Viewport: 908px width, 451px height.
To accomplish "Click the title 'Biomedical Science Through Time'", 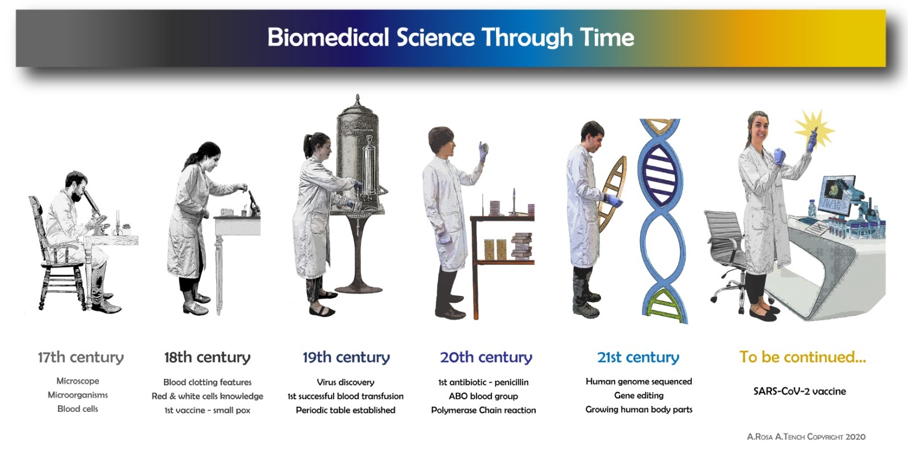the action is pyautogui.click(x=451, y=37).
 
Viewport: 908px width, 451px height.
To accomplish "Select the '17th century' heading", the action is pyautogui.click(x=81, y=357).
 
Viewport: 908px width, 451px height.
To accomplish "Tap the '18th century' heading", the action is pyautogui.click(x=207, y=357).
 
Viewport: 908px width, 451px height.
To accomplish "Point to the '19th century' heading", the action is pyautogui.click(x=346, y=357).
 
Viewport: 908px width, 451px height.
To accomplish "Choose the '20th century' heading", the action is pyautogui.click(x=486, y=357).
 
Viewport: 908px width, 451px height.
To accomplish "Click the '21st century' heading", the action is pyautogui.click(x=638, y=357).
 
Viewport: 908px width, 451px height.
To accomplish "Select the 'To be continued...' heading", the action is pyautogui.click(x=802, y=357).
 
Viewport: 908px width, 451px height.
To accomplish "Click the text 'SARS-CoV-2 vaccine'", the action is pyautogui.click(x=800, y=391).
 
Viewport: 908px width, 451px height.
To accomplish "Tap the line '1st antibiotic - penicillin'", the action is pyautogui.click(x=483, y=382).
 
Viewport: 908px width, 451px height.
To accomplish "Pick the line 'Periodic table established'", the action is pyautogui.click(x=346, y=410).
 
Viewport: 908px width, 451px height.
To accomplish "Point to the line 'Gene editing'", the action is pyautogui.click(x=639, y=395).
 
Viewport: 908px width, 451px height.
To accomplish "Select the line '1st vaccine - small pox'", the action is pyautogui.click(x=207, y=410).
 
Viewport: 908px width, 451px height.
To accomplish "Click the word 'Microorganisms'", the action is pyautogui.click(x=78, y=395).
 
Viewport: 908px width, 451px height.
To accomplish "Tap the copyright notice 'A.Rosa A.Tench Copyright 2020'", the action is pyautogui.click(x=806, y=436).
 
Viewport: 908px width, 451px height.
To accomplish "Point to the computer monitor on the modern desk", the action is pyautogui.click(x=836, y=195).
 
